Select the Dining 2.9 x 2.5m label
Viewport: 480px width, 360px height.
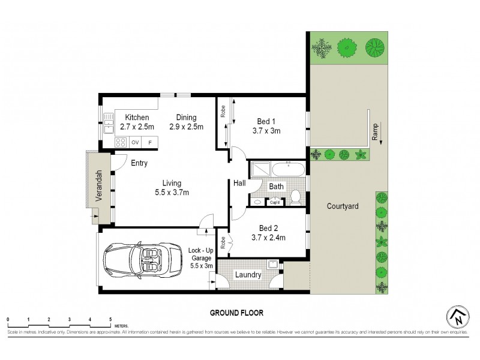186,122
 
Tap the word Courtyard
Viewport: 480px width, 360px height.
343,206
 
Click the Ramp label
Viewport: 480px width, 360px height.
374,134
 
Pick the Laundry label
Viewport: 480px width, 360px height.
248,275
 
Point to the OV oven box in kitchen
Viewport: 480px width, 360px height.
135,142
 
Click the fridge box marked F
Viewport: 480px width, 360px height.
150,142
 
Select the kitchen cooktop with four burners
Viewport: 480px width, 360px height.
121,142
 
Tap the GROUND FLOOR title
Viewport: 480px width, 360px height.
236,313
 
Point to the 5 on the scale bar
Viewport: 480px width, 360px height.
110,319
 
